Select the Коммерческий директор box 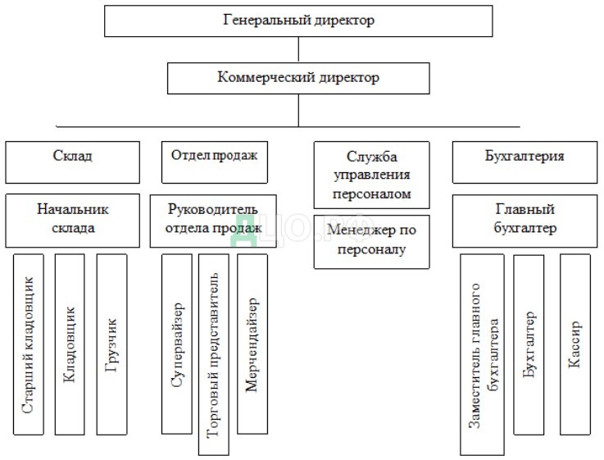pyautogui.click(x=298, y=79)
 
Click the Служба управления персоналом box pyautogui.click(x=371, y=175)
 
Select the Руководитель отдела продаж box pyautogui.click(x=214, y=220)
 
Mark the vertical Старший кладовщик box pyautogui.click(x=29, y=344)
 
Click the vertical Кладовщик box pyautogui.click(x=70, y=344)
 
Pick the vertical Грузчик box pyautogui.click(x=111, y=344)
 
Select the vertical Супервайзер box pyautogui.click(x=177, y=344)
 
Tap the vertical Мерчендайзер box pyautogui.click(x=252, y=344)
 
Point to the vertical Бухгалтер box pyautogui.click(x=529, y=344)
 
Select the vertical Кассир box pyautogui.click(x=575, y=344)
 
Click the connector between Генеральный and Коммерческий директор pyautogui.click(x=298, y=50)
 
